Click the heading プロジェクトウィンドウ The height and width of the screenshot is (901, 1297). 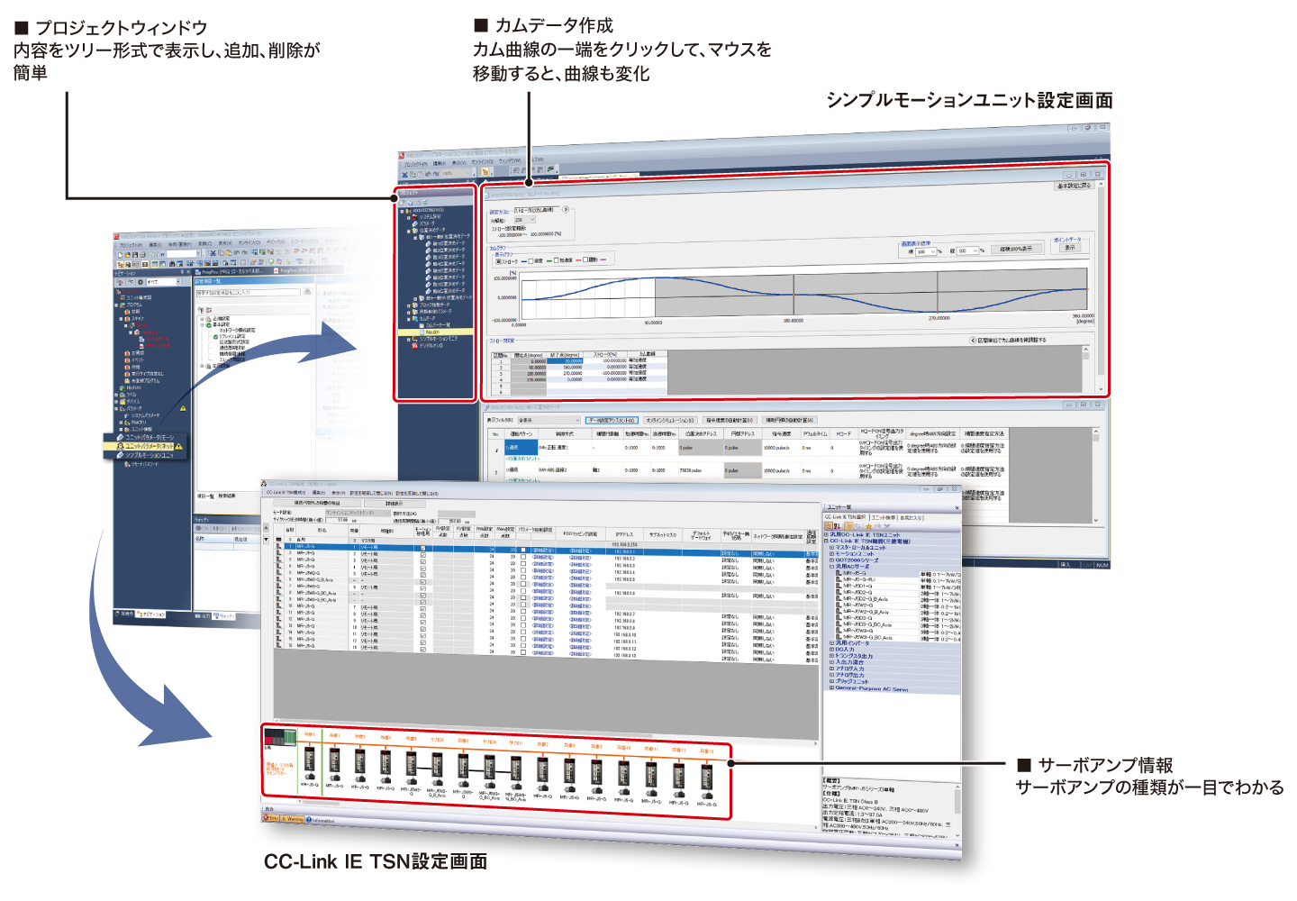[121, 28]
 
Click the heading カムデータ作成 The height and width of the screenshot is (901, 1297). [554, 25]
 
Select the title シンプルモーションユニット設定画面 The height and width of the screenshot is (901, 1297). [969, 100]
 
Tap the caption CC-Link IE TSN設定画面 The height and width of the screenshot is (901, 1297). [376, 861]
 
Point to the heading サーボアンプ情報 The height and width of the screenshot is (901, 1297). [1105, 765]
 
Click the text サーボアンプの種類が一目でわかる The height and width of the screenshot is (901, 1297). [1149, 787]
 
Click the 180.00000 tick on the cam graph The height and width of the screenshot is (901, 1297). [793, 321]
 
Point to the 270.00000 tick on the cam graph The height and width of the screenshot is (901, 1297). [938, 318]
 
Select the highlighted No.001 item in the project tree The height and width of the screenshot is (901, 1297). [433, 332]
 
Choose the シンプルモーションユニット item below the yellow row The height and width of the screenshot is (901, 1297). [149, 455]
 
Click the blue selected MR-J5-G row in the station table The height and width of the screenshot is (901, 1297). [540, 546]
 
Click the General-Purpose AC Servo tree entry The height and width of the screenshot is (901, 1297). [871, 688]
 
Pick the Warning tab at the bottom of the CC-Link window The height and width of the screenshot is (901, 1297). [294, 819]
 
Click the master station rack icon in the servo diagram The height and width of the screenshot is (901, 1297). [279, 739]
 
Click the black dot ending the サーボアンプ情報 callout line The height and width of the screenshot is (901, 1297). [731, 763]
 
